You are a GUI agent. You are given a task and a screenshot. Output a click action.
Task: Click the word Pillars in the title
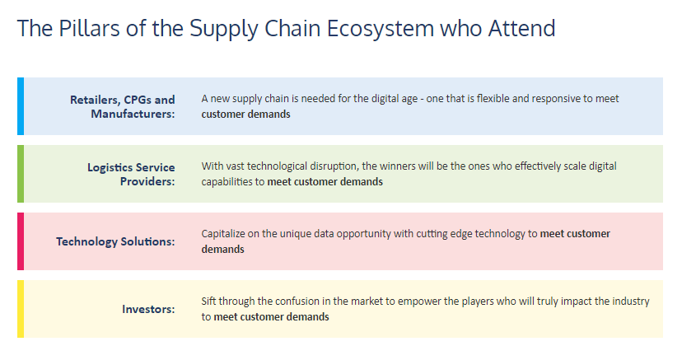click(x=89, y=28)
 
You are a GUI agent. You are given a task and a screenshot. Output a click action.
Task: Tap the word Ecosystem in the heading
click(x=381, y=30)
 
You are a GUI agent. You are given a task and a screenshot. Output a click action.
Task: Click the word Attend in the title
click(x=521, y=28)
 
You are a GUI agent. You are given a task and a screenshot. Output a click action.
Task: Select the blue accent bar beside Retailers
click(x=21, y=106)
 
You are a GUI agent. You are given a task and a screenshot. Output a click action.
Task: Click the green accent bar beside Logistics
click(x=21, y=174)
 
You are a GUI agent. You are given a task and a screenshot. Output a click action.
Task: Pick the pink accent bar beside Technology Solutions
click(x=21, y=241)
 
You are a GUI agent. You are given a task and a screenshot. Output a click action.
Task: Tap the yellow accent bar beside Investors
click(x=21, y=309)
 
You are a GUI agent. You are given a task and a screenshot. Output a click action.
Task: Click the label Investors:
click(x=148, y=309)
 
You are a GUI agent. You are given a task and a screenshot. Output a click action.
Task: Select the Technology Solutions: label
click(x=115, y=241)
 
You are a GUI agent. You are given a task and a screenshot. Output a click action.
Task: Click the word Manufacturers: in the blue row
click(x=133, y=114)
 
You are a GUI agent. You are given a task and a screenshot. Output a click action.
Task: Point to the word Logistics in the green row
click(x=110, y=167)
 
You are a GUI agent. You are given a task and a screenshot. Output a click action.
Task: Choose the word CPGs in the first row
click(x=137, y=100)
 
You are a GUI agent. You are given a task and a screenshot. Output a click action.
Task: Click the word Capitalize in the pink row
click(x=223, y=234)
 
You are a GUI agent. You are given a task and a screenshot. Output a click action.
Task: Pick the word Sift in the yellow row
click(x=208, y=302)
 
